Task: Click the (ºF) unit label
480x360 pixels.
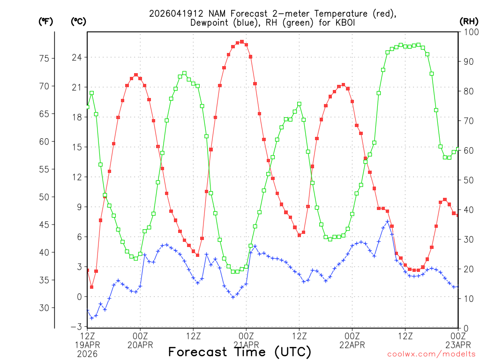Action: click(45, 21)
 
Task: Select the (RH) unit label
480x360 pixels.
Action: click(468, 21)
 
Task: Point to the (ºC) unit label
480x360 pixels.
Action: click(78, 21)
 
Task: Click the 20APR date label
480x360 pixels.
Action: click(140, 345)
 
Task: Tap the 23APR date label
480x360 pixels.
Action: click(457, 345)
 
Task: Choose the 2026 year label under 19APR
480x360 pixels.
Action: click(87, 354)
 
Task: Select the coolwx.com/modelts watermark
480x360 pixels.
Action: click(431, 354)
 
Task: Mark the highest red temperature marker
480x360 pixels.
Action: click(242, 42)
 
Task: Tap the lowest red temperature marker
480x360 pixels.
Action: click(92, 287)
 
